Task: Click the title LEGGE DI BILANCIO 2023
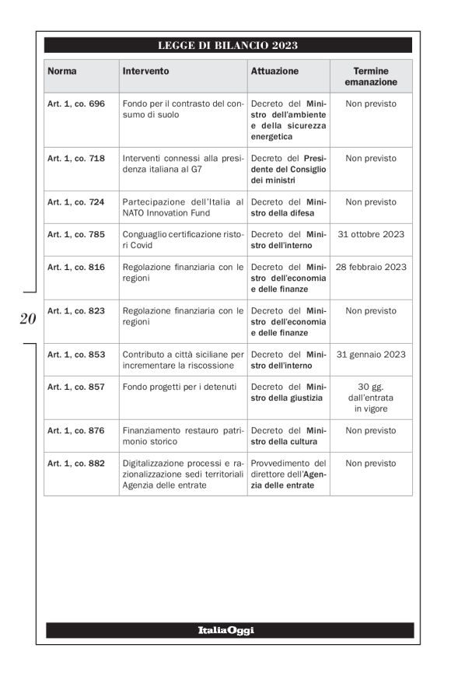(x=228, y=45)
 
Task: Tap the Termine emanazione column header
(x=370, y=76)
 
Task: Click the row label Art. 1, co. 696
(x=75, y=103)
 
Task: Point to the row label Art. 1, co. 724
(x=75, y=201)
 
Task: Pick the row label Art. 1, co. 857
(x=75, y=387)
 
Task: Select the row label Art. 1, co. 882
(x=75, y=463)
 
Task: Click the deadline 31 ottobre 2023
(x=371, y=234)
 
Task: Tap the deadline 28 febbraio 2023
(x=371, y=267)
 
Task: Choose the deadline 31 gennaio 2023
(x=371, y=354)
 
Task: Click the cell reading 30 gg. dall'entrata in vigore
(x=371, y=398)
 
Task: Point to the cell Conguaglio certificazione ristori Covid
(x=183, y=240)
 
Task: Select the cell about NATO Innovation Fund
(x=183, y=207)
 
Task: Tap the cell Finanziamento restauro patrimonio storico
(x=183, y=436)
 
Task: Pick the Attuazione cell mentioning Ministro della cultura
(x=288, y=436)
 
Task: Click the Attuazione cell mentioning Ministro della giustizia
(x=288, y=392)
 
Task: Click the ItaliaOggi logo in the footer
(x=226, y=630)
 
